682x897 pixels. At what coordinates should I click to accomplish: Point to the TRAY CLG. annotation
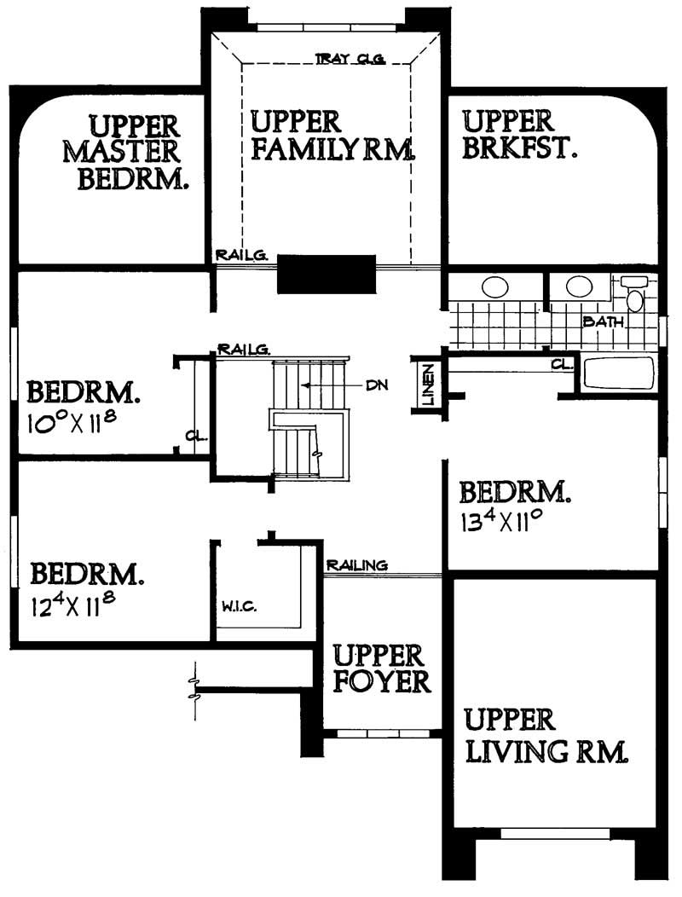351,59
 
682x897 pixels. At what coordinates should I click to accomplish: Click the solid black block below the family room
327,274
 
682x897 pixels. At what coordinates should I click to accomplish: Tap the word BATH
604,322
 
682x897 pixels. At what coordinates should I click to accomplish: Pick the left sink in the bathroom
495,286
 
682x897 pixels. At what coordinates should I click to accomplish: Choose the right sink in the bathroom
580,286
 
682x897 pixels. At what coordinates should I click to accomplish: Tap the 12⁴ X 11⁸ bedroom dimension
73,605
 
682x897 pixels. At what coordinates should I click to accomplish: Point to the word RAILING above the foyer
357,564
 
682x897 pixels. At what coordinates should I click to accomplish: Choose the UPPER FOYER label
380,668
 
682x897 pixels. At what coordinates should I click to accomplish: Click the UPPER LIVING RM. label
546,735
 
